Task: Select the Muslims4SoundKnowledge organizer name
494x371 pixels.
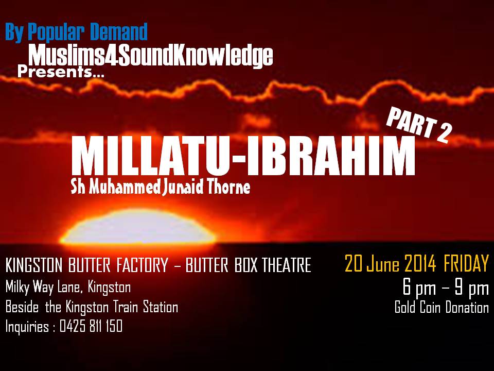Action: [151, 56]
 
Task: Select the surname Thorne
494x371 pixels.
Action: [229, 187]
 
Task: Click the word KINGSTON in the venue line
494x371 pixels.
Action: [34, 265]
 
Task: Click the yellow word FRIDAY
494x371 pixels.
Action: [466, 263]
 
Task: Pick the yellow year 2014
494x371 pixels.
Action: [420, 263]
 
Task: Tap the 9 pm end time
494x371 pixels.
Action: [472, 288]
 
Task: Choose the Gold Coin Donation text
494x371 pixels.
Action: [442, 307]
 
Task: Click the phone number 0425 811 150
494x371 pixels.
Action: [91, 326]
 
